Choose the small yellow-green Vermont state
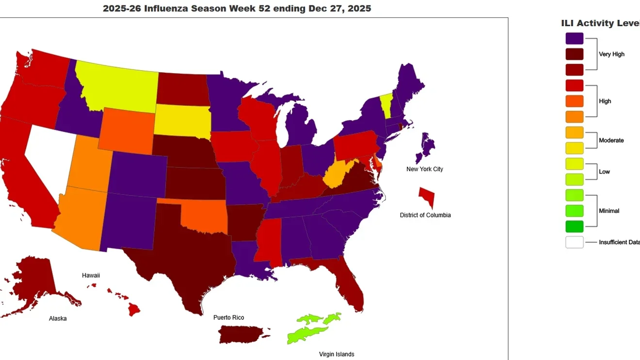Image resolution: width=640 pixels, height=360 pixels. (386, 102)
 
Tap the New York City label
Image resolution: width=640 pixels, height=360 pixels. (425, 169)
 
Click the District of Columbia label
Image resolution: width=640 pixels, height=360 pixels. (425, 215)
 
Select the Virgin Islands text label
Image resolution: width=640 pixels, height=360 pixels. (336, 354)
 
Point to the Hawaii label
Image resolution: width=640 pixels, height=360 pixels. (91, 275)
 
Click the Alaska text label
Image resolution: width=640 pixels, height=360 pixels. (58, 318)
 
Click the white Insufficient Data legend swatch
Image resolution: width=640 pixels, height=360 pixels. (574, 242)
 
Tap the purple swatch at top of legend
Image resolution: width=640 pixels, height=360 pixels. (574, 38)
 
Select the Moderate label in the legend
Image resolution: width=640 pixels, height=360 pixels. (611, 141)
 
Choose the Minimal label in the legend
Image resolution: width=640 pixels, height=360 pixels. (609, 211)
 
